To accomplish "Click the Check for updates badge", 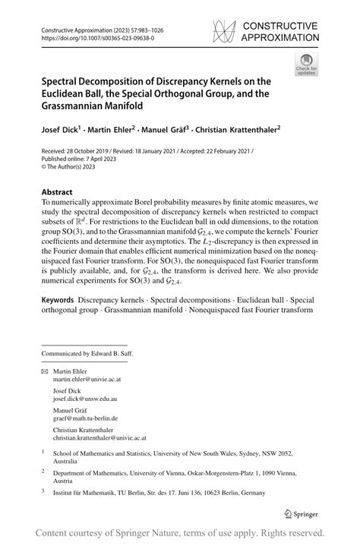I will pyautogui.click(x=307, y=64).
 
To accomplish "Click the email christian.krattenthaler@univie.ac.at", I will pyautogui.click(x=99, y=438).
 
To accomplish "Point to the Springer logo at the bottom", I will pyautogui.click(x=301, y=513).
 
